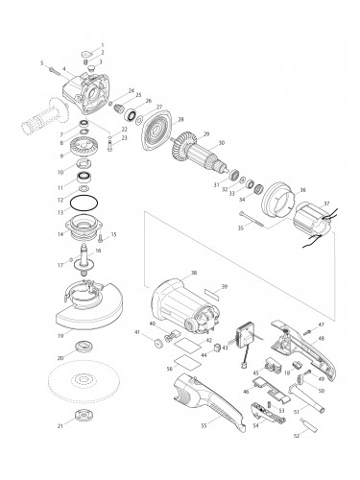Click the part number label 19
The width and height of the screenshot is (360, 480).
coord(60,336)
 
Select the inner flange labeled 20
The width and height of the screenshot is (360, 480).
coord(84,348)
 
